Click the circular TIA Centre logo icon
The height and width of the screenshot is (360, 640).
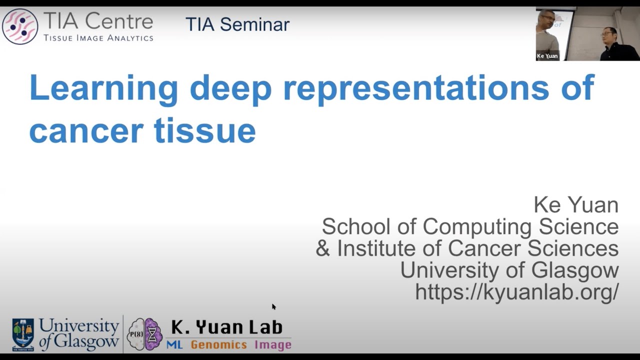coord(20,26)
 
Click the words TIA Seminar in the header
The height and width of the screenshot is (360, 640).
coord(237,24)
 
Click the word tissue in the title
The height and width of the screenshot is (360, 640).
coord(205,131)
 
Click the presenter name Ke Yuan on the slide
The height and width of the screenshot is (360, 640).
coord(575,204)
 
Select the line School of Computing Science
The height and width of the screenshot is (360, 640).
coord(470,226)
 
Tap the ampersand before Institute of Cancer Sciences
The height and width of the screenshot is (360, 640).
coord(323,248)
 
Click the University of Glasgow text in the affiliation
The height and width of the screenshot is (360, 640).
coord(509,270)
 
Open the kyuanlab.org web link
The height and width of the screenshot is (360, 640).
coord(516,292)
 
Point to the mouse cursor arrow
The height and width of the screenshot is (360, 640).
coord(273,306)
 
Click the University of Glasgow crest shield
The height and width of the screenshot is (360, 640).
coord(23,333)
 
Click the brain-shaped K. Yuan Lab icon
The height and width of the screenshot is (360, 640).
coord(144,333)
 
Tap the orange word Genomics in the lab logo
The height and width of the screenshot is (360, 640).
coord(218,344)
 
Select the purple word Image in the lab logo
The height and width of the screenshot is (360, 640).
coord(272,344)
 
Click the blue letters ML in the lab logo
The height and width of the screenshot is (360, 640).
coord(174,344)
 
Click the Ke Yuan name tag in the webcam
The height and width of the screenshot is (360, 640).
coord(547,56)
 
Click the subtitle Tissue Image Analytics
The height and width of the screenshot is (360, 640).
coord(98,38)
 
